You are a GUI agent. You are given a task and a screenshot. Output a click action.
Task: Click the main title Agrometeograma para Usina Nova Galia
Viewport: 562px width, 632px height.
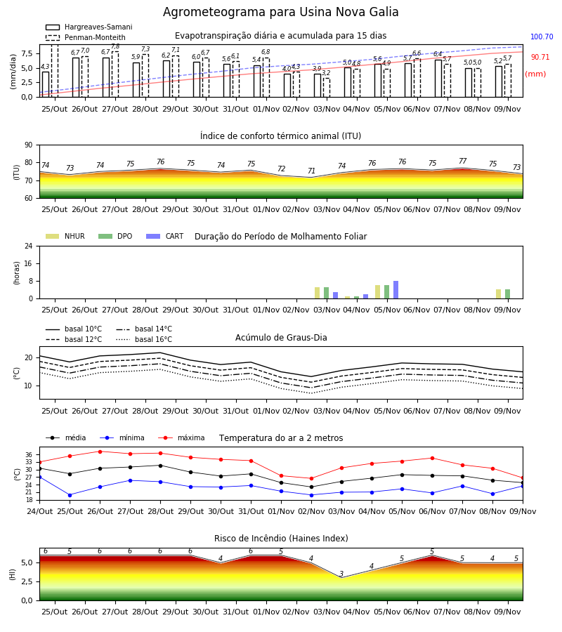pos(280,12)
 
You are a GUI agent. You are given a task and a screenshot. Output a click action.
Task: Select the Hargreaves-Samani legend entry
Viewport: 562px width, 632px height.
pos(89,27)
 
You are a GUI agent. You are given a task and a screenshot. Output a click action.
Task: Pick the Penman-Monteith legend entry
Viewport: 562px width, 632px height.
pos(86,37)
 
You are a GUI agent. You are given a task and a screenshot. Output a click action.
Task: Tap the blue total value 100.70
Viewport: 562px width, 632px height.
pos(542,37)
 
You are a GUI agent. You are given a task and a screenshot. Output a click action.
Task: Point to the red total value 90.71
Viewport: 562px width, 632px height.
pos(540,58)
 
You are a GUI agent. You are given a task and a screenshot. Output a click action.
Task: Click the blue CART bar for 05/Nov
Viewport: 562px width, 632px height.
pos(396,290)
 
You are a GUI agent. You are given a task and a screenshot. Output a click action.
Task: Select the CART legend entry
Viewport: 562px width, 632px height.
pos(165,236)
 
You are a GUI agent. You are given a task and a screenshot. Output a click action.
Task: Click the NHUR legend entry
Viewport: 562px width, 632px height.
pos(65,236)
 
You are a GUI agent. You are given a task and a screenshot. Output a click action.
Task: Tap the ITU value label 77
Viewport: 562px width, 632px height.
pos(462,161)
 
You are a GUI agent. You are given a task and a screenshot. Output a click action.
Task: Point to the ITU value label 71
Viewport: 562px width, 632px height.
pos(311,171)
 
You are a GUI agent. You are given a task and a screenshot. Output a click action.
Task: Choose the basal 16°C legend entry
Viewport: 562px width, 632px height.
pos(144,339)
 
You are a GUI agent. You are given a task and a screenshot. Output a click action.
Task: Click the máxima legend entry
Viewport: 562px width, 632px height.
pos(181,437)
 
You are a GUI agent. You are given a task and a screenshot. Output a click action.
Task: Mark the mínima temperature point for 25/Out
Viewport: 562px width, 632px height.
pos(70,495)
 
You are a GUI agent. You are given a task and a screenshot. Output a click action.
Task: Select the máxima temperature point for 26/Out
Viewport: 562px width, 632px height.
pos(100,452)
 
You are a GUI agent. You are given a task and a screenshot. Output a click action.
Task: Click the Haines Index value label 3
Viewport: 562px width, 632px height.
pos(341,574)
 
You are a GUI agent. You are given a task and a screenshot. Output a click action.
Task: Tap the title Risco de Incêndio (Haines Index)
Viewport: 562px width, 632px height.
pos(281,539)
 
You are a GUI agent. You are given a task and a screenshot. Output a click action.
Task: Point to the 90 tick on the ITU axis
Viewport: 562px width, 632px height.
pos(29,145)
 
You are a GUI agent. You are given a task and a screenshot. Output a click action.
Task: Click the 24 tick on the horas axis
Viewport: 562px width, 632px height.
pos(29,246)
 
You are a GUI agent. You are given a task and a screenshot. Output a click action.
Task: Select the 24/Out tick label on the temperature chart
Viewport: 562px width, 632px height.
pos(39,511)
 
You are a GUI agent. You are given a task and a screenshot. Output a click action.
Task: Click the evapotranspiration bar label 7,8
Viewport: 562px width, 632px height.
pos(115,46)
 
